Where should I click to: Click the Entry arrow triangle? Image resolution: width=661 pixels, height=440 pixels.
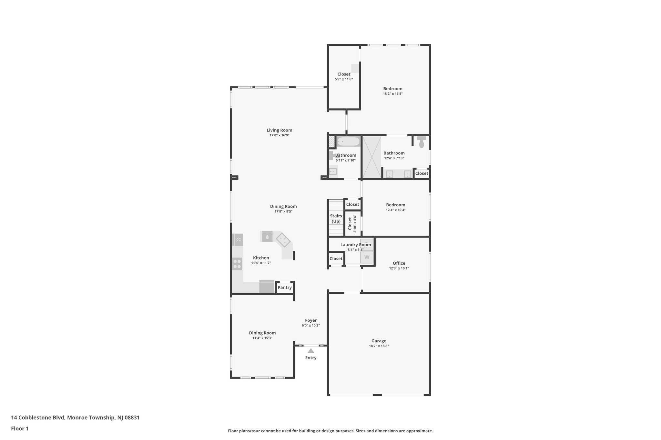(x=310, y=351)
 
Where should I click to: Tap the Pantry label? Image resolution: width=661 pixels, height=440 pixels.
(x=285, y=288)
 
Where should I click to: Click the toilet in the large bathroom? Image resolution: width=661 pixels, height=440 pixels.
(x=422, y=142)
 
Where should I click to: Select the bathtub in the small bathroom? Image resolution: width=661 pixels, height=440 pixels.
(x=348, y=142)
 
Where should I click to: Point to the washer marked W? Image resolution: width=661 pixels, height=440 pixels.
(x=367, y=257)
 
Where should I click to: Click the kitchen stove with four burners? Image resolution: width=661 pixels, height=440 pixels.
(x=237, y=264)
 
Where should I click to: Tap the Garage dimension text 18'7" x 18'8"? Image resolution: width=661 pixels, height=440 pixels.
(x=379, y=346)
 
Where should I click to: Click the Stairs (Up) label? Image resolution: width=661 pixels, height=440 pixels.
(x=336, y=219)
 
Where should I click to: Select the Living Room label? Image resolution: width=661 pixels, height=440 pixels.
(x=279, y=130)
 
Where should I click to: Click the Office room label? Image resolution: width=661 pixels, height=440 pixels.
(x=399, y=263)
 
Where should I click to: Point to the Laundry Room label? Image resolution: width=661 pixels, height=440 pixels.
(x=355, y=245)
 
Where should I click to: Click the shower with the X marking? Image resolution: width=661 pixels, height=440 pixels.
(x=371, y=157)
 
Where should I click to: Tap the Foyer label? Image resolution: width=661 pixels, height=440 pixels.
(x=310, y=320)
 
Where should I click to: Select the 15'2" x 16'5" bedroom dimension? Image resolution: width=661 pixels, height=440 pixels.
(x=393, y=94)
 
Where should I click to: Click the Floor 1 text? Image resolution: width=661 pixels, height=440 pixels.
(x=20, y=428)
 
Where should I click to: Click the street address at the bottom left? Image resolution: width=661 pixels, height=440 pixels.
(x=75, y=417)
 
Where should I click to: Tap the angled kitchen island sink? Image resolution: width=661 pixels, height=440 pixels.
(x=283, y=240)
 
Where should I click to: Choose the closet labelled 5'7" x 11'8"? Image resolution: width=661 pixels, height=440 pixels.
(x=344, y=76)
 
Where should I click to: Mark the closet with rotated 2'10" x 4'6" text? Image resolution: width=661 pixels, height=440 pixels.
(x=352, y=223)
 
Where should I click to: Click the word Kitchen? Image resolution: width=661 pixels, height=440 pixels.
(x=261, y=258)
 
